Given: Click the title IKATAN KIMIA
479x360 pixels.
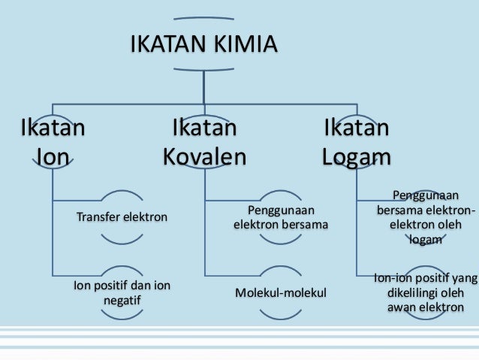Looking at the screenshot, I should tap(203, 43).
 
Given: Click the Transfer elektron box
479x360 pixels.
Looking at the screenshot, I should tap(122, 217).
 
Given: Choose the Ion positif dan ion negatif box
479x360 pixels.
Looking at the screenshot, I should tap(122, 292).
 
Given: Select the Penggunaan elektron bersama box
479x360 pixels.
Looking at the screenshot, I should tap(281, 217).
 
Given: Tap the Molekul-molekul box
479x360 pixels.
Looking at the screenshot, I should tap(281, 292).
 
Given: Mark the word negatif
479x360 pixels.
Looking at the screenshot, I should tap(122, 300).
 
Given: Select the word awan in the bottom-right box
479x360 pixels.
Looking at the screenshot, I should tap(402, 307).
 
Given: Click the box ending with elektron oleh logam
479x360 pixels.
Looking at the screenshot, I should tap(426, 217).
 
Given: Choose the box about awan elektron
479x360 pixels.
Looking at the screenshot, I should tap(426, 293).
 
